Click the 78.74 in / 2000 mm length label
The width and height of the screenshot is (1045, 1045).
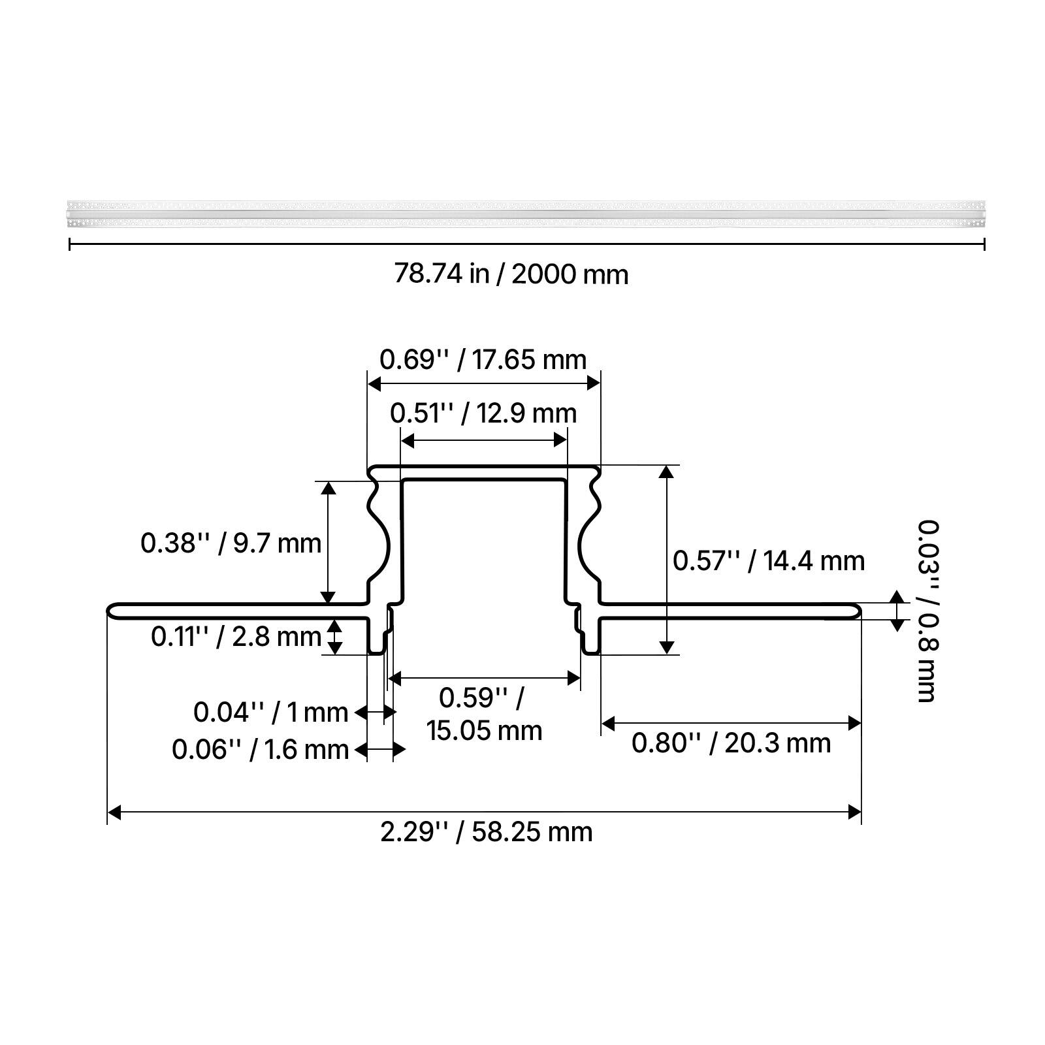pyautogui.click(x=511, y=274)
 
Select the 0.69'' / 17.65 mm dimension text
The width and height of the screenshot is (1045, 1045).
pyautogui.click(x=483, y=360)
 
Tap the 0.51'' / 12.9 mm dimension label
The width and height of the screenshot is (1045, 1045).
pyautogui.click(x=483, y=413)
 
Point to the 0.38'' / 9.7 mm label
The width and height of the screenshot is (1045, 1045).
pyautogui.click(x=231, y=543)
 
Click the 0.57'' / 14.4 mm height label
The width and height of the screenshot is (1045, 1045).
pyautogui.click(x=769, y=561)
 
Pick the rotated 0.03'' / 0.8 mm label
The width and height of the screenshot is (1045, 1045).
pyautogui.click(x=927, y=611)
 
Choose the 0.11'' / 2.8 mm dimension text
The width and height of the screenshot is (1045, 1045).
pyautogui.click(x=236, y=636)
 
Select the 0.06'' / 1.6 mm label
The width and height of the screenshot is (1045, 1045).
pyautogui.click(x=260, y=750)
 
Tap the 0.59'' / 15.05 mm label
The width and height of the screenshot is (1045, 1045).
pyautogui.click(x=484, y=714)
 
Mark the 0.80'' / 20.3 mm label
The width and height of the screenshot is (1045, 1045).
pyautogui.click(x=731, y=743)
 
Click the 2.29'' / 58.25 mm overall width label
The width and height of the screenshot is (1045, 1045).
pyautogui.click(x=487, y=832)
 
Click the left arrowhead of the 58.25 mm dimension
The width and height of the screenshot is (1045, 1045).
pyautogui.click(x=114, y=812)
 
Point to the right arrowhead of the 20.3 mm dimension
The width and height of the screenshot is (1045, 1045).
pyautogui.click(x=854, y=723)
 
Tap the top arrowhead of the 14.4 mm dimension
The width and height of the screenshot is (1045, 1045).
pyautogui.click(x=666, y=472)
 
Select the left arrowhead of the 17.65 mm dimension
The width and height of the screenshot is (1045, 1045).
pyautogui.click(x=374, y=383)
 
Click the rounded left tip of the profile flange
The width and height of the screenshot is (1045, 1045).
pyautogui.click(x=110, y=611)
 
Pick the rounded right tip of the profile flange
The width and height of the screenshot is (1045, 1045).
pyautogui.click(x=858, y=611)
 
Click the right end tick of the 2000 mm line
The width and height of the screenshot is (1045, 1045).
pyautogui.click(x=984, y=245)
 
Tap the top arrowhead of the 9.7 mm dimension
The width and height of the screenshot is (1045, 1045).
pyautogui.click(x=329, y=487)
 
